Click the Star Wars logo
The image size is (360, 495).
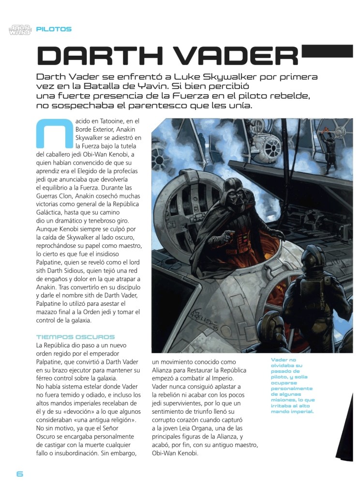(19, 30)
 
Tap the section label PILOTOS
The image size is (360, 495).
(54, 29)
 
